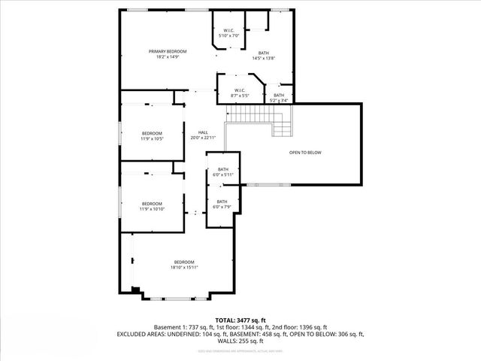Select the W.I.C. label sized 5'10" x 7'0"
pos(228,31)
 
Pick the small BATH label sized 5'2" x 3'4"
pos(279,95)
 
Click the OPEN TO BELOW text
pos(305,153)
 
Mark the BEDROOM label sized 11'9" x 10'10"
pos(152,203)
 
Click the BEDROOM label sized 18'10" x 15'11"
pos(184,262)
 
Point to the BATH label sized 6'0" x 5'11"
pos(222,170)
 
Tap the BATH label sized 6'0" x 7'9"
pos(222,201)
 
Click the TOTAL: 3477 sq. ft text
pos(240,320)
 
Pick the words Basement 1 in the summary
pos(169,327)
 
